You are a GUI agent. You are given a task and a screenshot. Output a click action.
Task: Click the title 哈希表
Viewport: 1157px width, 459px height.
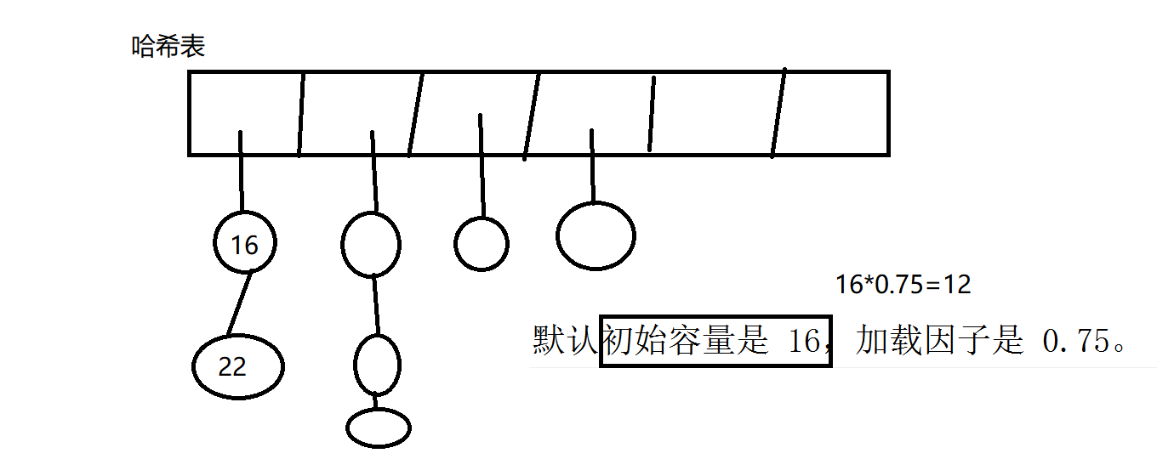pyautogui.click(x=168, y=47)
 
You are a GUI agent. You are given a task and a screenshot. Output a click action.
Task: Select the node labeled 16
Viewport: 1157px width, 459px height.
pyautogui.click(x=245, y=245)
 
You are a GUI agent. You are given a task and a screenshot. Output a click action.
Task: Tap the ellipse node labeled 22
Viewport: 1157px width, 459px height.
pyautogui.click(x=237, y=366)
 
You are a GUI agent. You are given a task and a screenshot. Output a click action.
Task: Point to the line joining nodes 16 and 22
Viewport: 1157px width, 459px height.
pyautogui.click(x=239, y=303)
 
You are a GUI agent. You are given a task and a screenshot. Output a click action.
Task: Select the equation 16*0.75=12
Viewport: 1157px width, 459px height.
pyautogui.click(x=903, y=285)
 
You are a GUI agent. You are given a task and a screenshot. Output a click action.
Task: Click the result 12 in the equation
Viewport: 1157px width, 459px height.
pyautogui.click(x=958, y=285)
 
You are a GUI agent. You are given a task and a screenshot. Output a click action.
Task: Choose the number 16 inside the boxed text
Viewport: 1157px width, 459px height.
pyautogui.click(x=798, y=341)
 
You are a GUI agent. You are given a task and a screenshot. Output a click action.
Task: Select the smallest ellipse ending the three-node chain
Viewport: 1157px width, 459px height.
pyautogui.click(x=379, y=428)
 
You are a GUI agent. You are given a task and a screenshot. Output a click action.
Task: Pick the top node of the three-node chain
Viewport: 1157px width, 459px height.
pyautogui.click(x=371, y=244)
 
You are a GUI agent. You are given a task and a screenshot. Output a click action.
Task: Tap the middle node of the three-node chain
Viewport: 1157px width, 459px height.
pyautogui.click(x=377, y=365)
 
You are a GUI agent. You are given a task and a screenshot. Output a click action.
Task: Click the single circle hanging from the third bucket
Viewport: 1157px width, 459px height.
pyautogui.click(x=482, y=244)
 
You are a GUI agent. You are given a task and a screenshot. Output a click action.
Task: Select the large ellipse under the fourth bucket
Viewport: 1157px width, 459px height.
pyautogui.click(x=596, y=236)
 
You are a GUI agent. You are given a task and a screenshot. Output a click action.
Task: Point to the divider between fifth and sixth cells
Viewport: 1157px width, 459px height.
pyautogui.click(x=778, y=113)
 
